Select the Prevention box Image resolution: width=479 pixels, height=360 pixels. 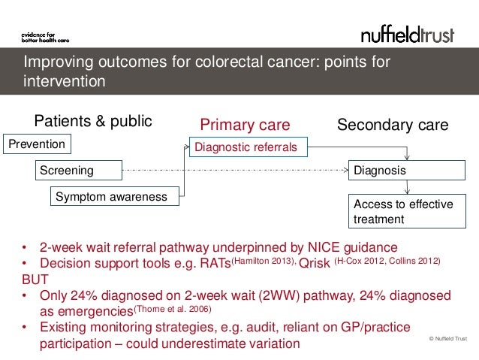pyautogui.click(x=37, y=143)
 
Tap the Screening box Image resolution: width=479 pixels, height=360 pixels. pyautogui.click(x=78, y=171)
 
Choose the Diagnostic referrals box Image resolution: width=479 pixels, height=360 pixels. pyautogui.click(x=246, y=148)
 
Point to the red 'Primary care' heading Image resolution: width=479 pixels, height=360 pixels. pyautogui.click(x=245, y=124)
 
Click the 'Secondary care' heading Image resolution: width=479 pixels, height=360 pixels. pyautogui.click(x=393, y=124)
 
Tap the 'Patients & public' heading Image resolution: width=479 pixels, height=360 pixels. pyautogui.click(x=93, y=122)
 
